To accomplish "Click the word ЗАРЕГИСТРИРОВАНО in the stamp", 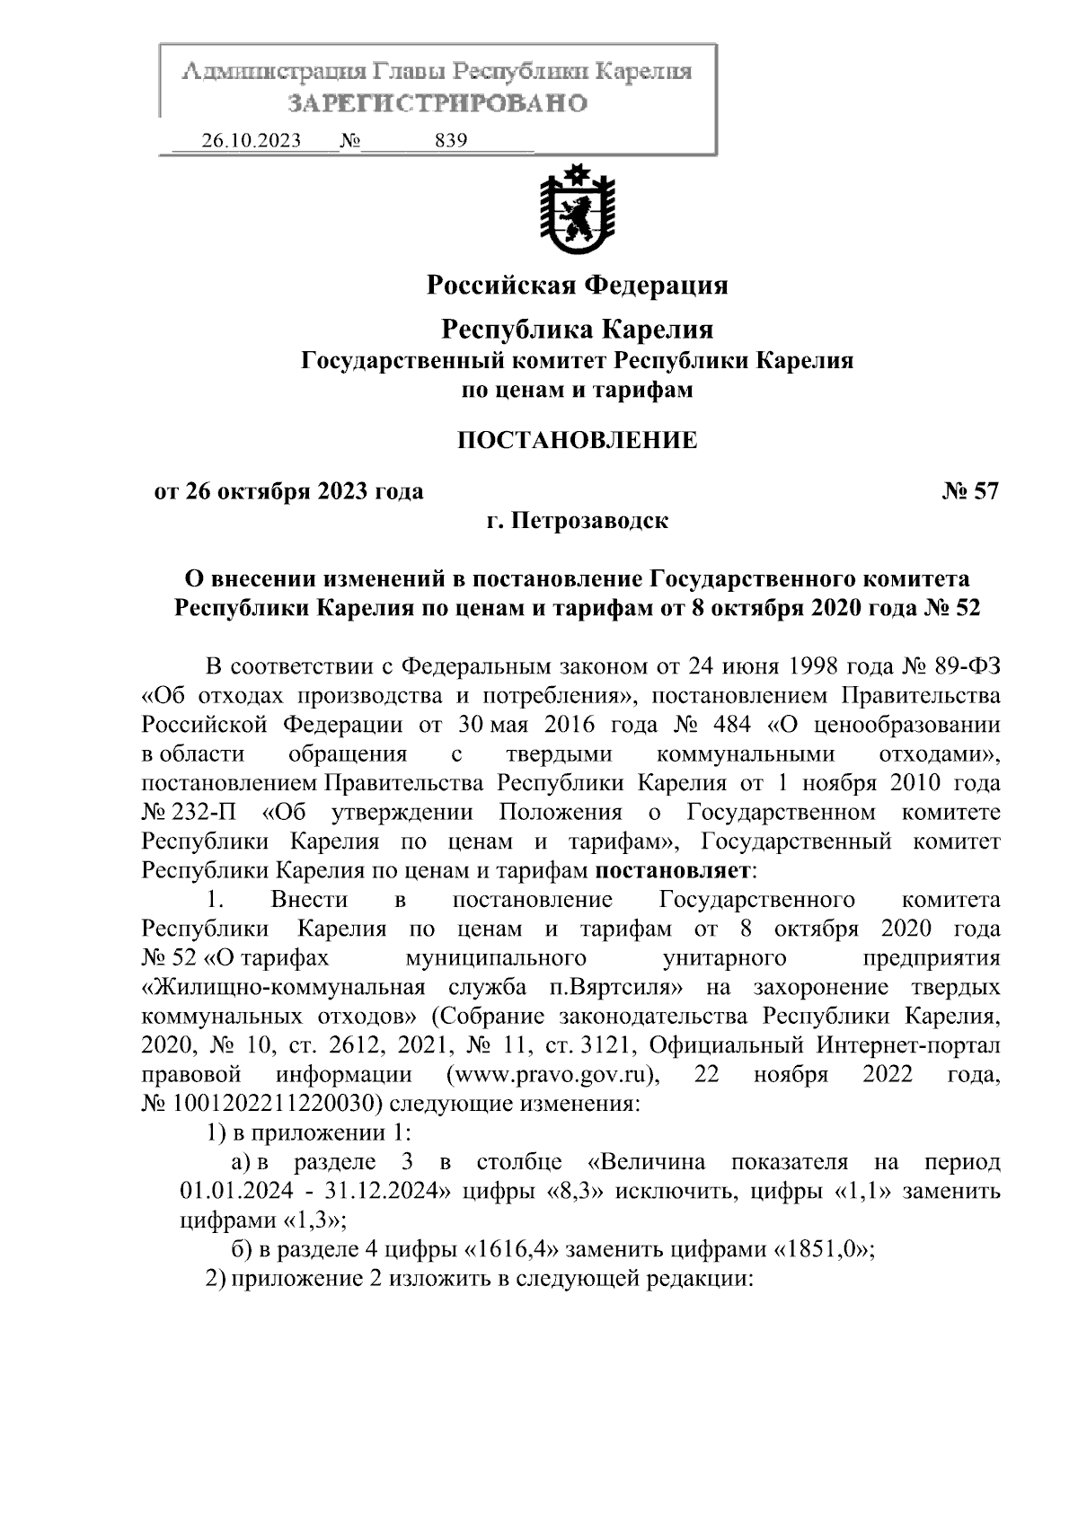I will [437, 103].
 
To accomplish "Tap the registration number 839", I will [450, 141].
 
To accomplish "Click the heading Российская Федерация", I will [576, 286].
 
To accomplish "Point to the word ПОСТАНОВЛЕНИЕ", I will [577, 440].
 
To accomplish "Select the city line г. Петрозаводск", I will [577, 520].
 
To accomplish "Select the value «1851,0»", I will [824, 1249].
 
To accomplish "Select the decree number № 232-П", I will [190, 813].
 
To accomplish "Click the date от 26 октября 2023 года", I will [288, 491].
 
